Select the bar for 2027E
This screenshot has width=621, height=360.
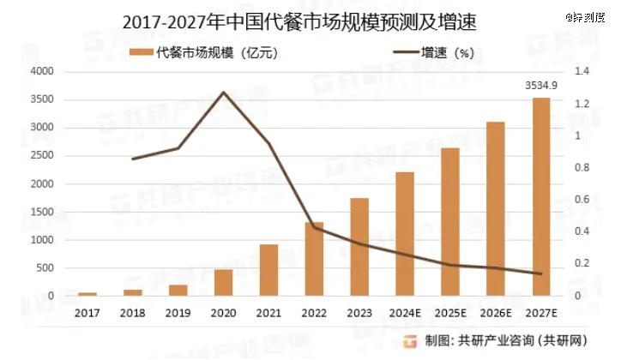tap(541, 197)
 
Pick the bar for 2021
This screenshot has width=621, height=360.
tap(268, 270)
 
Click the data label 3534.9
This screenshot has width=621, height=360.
tap(541, 85)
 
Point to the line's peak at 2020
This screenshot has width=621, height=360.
tap(224, 92)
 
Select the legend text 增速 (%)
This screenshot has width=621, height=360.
tap(447, 53)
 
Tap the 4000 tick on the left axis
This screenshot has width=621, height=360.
tap(41, 72)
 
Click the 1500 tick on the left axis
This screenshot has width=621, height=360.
tap(41, 213)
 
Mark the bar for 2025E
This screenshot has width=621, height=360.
tap(450, 222)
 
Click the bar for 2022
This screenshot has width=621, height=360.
tap(314, 259)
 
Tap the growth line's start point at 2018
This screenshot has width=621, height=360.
tap(133, 159)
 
